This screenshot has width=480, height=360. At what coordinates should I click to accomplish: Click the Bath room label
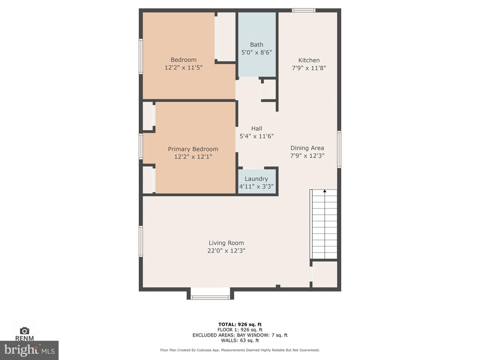(256, 45)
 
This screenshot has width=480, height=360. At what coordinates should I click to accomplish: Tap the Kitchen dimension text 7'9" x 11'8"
(309, 68)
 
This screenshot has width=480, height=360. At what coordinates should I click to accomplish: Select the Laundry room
(256, 182)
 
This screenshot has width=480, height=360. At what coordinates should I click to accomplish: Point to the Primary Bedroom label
(193, 149)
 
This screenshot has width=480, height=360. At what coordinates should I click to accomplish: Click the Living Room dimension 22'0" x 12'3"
(226, 251)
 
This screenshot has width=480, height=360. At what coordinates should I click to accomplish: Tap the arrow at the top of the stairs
(325, 191)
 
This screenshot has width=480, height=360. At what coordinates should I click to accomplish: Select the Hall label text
(256, 128)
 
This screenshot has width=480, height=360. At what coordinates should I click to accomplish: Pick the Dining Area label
(307, 148)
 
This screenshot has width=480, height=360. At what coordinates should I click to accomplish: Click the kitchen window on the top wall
(303, 10)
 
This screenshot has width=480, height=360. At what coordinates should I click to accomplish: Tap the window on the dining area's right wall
(339, 150)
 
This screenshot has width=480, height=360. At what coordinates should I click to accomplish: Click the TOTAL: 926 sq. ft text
(240, 324)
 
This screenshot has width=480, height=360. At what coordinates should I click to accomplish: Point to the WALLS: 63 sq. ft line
(240, 340)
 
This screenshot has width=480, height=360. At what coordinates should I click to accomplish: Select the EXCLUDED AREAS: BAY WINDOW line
(240, 335)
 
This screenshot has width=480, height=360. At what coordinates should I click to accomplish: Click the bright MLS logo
(29, 350)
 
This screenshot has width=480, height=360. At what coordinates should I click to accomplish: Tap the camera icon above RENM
(24, 330)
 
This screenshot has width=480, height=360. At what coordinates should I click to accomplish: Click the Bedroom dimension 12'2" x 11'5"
(184, 67)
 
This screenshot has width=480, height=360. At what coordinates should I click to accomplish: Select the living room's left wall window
(141, 241)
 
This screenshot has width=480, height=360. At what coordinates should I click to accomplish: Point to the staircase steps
(324, 225)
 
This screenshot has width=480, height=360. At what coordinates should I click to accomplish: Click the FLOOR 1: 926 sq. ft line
(240, 330)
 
